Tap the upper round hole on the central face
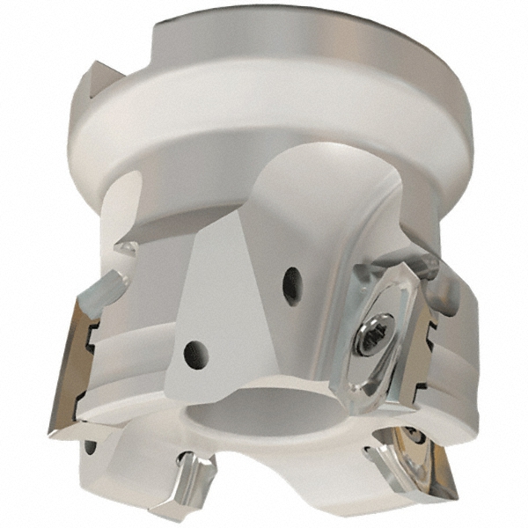pyautogui.click(x=290, y=283)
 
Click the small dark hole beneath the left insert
pyautogui.click(x=90, y=446)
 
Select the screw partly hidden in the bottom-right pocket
pyautogui.click(x=412, y=436)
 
